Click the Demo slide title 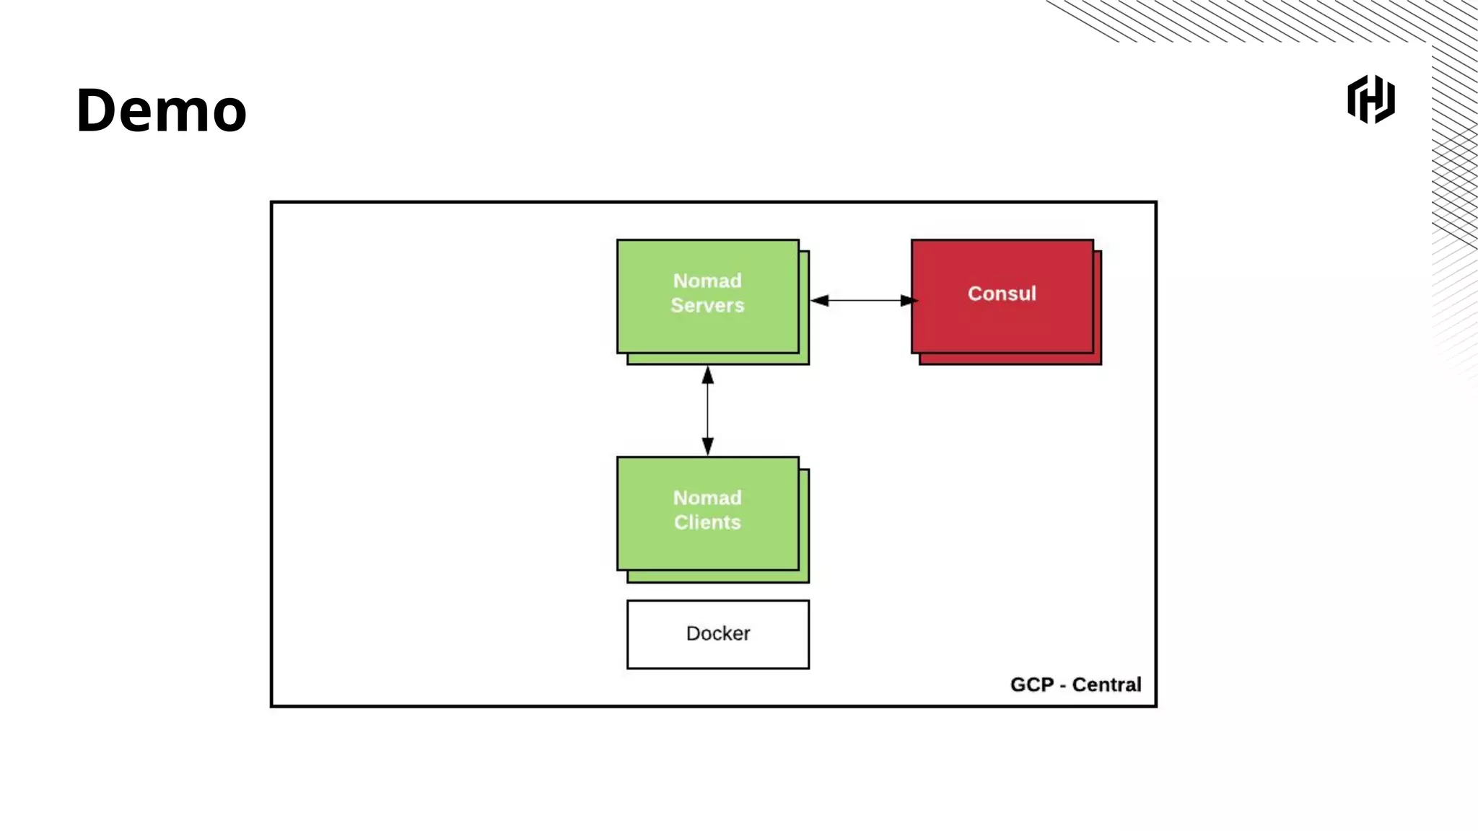point(161,110)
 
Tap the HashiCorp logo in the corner point(1370,100)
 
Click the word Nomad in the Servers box point(707,281)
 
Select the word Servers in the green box point(707,305)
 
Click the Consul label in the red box point(1002,294)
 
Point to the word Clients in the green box point(707,522)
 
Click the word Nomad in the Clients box point(707,498)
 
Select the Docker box point(717,634)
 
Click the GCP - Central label point(1075,685)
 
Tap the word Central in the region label point(1106,685)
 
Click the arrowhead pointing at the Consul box point(908,300)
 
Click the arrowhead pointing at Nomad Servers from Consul point(820,300)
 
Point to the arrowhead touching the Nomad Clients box point(707,447)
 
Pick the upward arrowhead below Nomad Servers point(707,376)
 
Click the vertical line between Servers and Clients point(707,411)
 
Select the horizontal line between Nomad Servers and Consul point(864,300)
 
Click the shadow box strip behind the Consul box point(1010,359)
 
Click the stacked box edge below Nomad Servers point(718,359)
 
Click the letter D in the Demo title point(98,110)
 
